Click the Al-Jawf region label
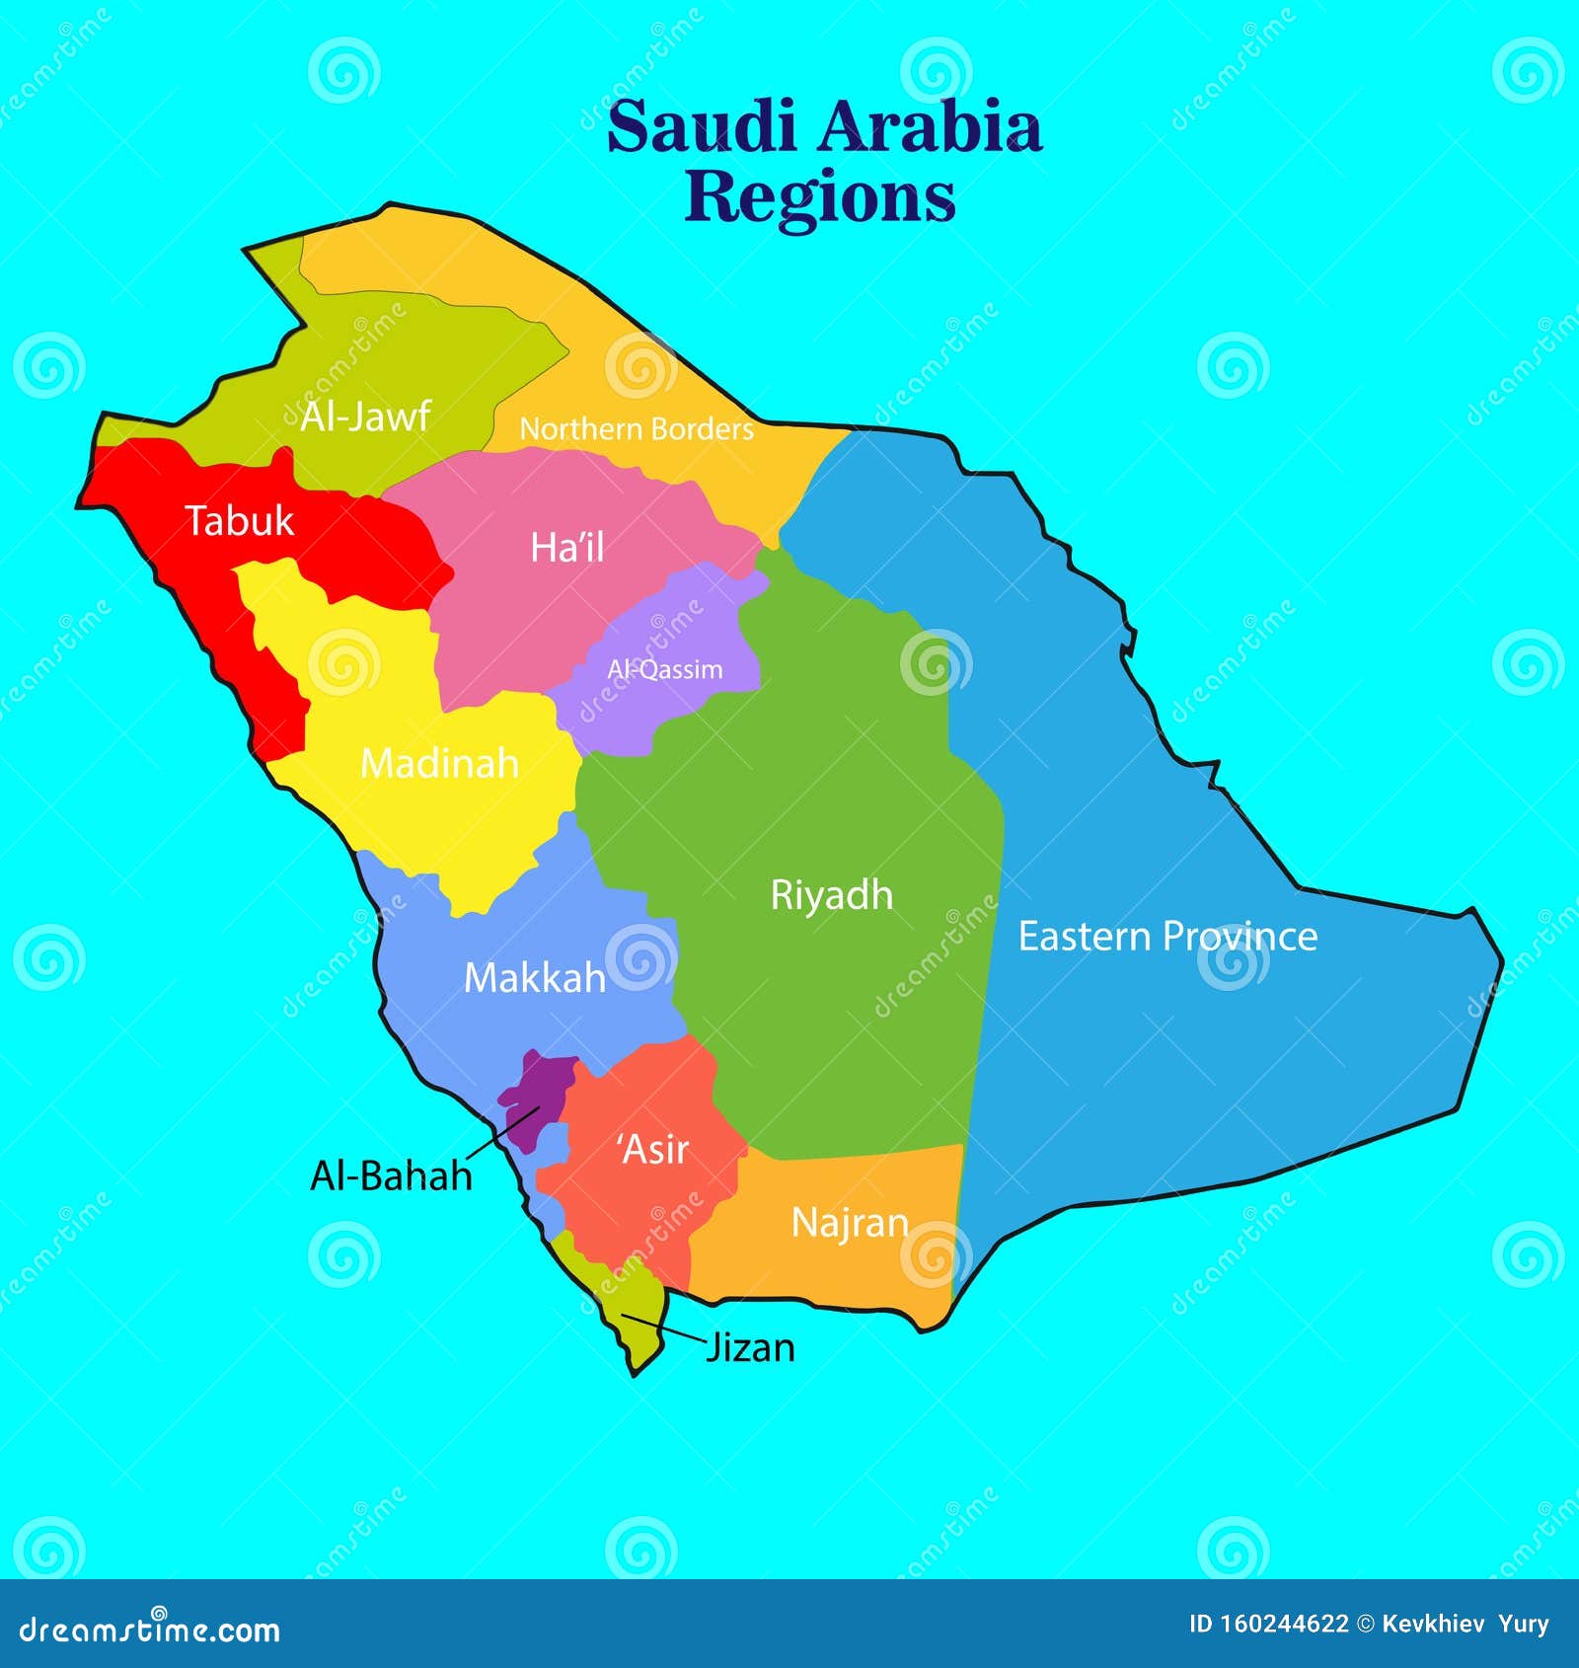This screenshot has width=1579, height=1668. (x=365, y=417)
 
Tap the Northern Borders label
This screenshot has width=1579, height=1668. (x=637, y=429)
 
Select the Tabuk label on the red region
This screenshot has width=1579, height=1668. (x=240, y=521)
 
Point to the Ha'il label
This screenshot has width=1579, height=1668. (x=566, y=548)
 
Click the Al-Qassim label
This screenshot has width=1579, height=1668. (x=665, y=670)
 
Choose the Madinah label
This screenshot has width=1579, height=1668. (x=439, y=763)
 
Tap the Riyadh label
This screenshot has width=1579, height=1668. (x=831, y=895)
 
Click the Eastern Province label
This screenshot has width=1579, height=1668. (x=1167, y=937)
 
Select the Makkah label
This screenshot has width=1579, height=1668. (x=534, y=978)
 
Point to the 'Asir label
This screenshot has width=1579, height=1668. (x=652, y=1150)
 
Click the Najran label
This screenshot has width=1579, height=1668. (x=849, y=1223)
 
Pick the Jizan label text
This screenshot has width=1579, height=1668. (x=750, y=1347)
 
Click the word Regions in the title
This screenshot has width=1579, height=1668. (x=820, y=197)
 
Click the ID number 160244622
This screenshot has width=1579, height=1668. (x=1268, y=1625)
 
